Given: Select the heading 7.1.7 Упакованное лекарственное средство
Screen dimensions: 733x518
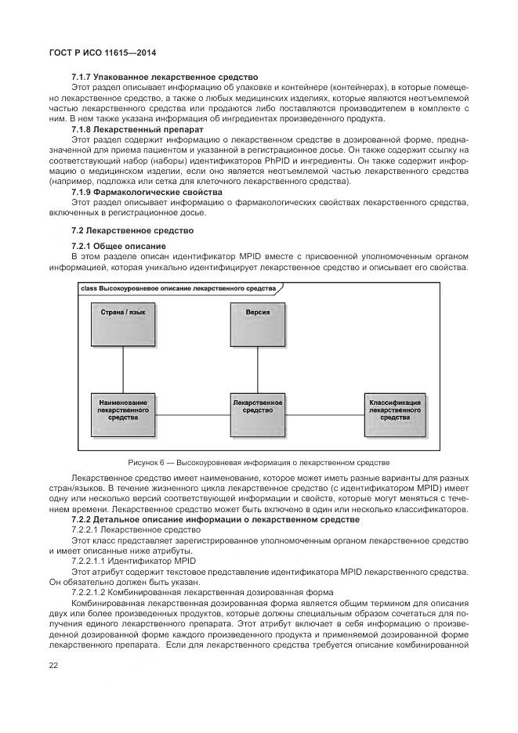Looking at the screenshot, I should point(165,77).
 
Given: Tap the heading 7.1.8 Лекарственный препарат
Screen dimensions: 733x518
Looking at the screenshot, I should point(137,128).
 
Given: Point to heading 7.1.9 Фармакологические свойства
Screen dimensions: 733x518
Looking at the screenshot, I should point(147,191).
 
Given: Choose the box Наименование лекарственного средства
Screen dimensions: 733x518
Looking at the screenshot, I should point(122,412).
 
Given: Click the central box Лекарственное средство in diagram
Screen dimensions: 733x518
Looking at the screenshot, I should point(258,412).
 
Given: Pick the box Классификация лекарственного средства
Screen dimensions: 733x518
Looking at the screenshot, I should point(395,412).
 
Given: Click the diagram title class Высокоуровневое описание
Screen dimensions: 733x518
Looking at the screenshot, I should point(178,288).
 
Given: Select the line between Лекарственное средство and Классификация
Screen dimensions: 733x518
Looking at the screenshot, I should point(326,413).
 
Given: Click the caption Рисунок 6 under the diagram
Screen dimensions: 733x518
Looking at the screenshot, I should point(258,463).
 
